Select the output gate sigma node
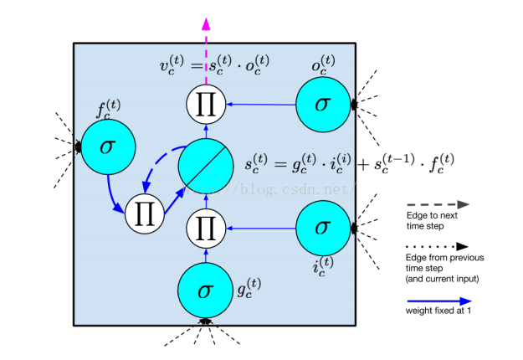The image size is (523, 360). tap(323, 105)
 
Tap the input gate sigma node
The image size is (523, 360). tap(323, 227)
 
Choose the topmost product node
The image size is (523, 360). tap(205, 105)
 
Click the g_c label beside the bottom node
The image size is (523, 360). tap(249, 291)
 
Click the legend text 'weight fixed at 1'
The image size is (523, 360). tap(433, 312)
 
